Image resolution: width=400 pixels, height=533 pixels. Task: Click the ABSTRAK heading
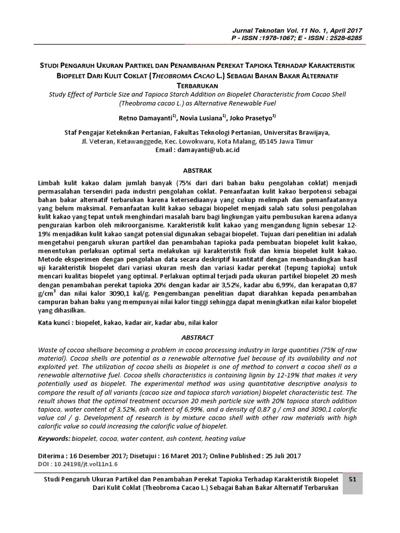(201, 170)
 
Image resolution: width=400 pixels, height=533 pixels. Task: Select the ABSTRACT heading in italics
(201, 337)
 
